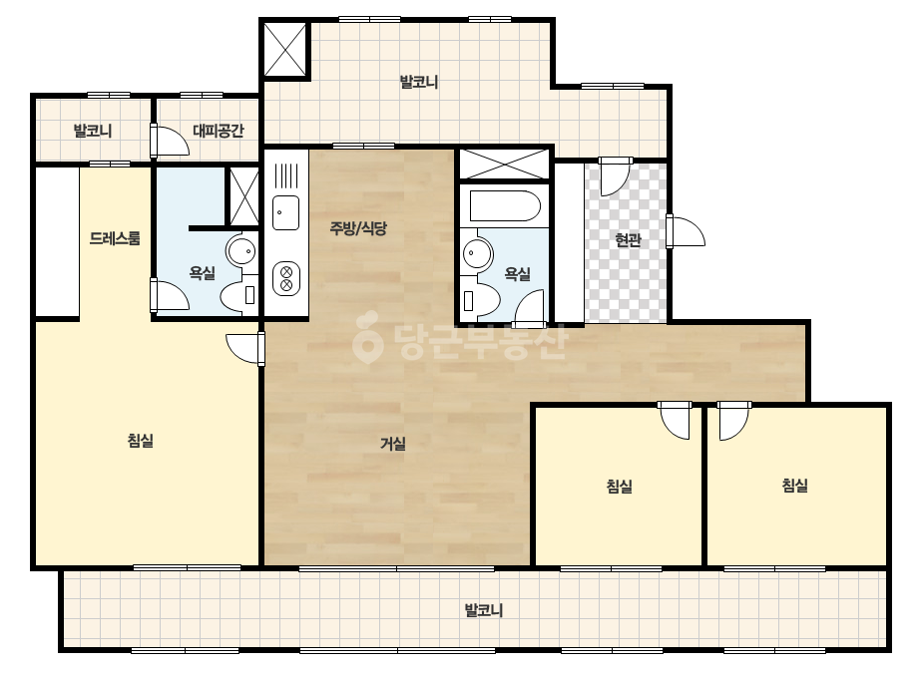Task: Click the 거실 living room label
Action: coord(393,444)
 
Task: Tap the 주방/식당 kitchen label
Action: coord(358,227)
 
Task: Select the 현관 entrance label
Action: coord(628,239)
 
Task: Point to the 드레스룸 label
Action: coord(115,238)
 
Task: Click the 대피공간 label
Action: coord(218,131)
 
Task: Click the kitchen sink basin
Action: coord(286,212)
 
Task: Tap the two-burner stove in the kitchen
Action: coord(286,279)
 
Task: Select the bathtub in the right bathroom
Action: coord(505,205)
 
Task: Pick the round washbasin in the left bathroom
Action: coord(240,252)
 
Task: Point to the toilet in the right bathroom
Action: coord(481,300)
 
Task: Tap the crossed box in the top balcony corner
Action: coord(284,49)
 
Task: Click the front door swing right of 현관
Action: coord(687,231)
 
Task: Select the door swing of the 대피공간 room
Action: coord(171,141)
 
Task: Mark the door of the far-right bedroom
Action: coord(733,421)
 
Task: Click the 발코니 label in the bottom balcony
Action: coord(484,610)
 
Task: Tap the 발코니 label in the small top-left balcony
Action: coord(92,131)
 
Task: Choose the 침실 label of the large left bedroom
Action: coord(141,441)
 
